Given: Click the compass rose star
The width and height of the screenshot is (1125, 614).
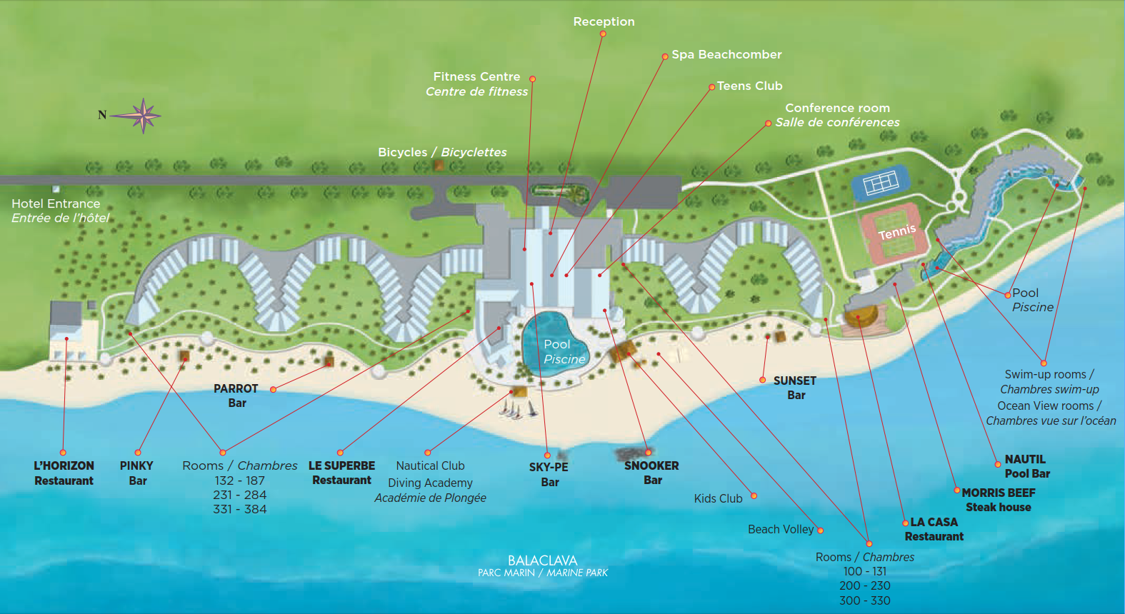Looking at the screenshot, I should pos(144,115).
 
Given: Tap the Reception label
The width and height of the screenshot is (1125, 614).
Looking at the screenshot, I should pos(604,21).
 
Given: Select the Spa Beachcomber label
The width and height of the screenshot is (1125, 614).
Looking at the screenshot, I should pos(726,54).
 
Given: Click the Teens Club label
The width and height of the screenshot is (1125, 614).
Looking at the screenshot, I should pos(749,86).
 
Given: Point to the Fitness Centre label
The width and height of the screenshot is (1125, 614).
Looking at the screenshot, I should pos(476,77).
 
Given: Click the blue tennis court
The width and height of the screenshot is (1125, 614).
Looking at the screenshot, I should pos(880,183).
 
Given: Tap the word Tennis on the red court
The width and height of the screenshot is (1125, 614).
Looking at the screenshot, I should pos(896,231).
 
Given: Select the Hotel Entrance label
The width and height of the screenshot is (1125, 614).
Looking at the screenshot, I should pos(56,204).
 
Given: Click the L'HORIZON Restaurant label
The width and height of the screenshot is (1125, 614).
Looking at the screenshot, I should pos(64,473).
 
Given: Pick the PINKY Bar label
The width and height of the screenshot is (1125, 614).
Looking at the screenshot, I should pos(136,473).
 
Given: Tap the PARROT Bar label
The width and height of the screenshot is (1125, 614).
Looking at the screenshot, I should pos(236,396).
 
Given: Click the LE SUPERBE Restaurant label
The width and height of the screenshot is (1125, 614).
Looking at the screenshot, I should pos(341,473).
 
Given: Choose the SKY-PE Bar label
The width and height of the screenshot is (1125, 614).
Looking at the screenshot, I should pos(549,474).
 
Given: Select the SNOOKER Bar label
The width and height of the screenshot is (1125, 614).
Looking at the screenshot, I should pos(651,473).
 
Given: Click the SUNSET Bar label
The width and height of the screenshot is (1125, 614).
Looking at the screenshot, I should pos(794,388).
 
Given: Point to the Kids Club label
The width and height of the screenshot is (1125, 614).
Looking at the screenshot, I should pos(718,498).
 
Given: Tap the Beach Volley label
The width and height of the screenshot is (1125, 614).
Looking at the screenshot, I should pos(780,529).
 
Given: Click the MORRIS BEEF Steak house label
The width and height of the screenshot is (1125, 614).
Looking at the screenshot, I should pos(998,500).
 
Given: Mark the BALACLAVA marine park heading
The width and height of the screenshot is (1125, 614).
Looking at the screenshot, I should pos(542,560).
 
